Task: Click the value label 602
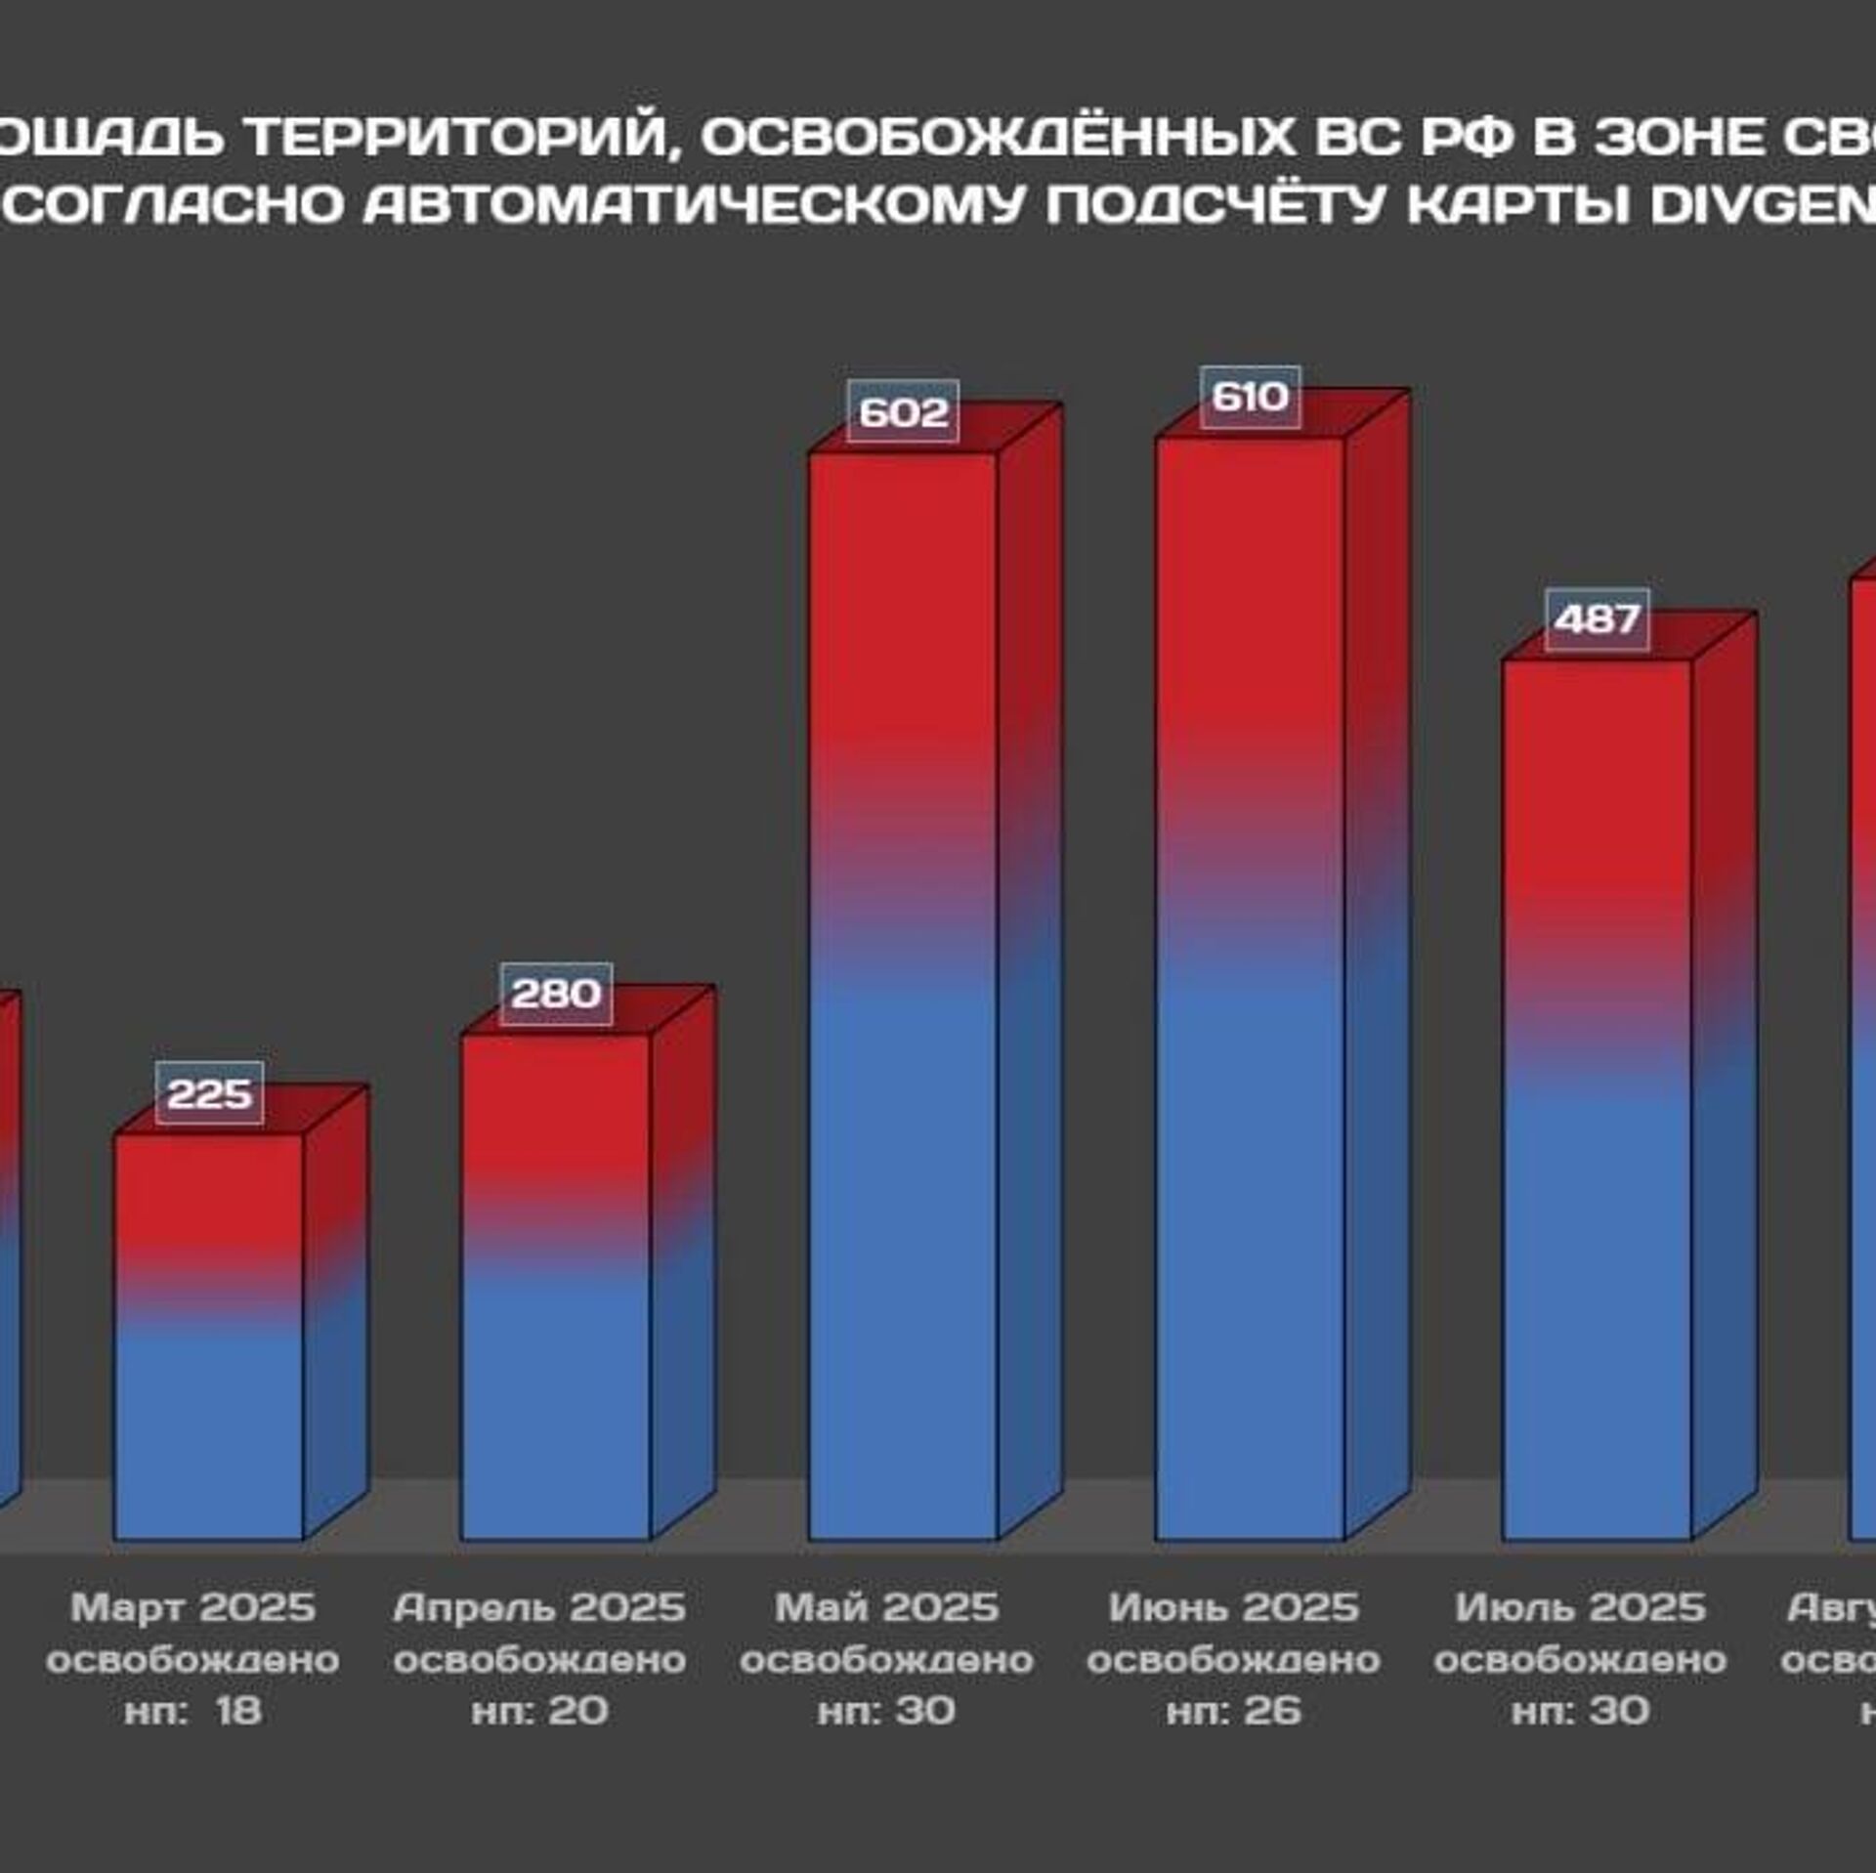tap(903, 411)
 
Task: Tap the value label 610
tap(1250, 397)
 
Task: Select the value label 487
tap(1597, 619)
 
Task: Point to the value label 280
tap(556, 994)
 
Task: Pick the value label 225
tap(209, 1093)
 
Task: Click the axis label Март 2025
tap(193, 1607)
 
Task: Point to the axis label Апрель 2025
tap(539, 1607)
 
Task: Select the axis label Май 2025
tap(886, 1607)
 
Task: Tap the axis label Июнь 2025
tap(1233, 1607)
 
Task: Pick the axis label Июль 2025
tap(1580, 1607)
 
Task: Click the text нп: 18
tap(193, 1711)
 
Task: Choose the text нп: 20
tap(539, 1711)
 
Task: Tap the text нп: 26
tap(1233, 1711)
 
